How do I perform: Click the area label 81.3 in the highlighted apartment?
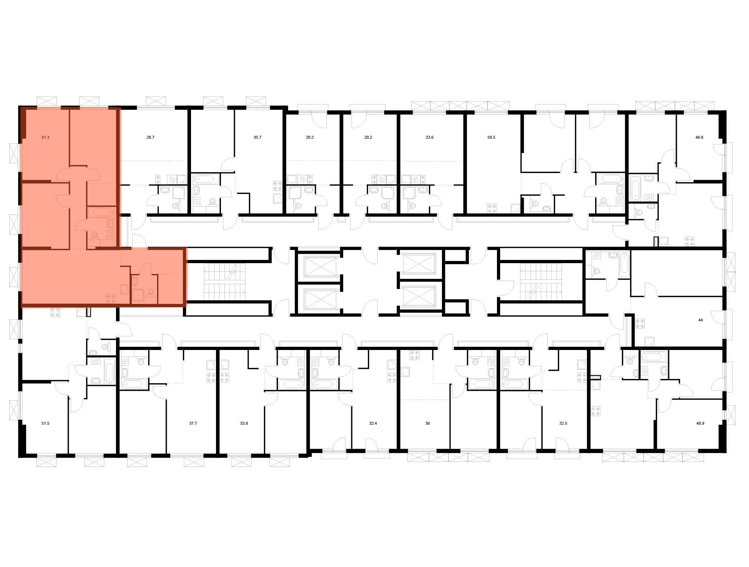pos(45,137)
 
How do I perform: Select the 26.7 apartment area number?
pos(151,137)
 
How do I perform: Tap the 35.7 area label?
pos(257,137)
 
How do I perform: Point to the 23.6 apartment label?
pos(429,137)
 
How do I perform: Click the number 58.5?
pos(491,137)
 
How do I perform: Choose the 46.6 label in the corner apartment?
pos(699,137)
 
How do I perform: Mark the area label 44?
pos(700,320)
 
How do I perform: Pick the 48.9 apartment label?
pos(700,423)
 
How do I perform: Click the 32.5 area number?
pos(563,423)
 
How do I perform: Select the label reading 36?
pos(427,423)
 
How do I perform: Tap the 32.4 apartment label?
pos(373,423)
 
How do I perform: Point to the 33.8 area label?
pos(244,423)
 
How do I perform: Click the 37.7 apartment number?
pos(193,423)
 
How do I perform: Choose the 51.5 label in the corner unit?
pos(45,423)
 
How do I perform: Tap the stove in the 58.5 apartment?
pos(492,208)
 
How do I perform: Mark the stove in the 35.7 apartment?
pos(277,186)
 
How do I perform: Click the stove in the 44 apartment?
pos(639,324)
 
